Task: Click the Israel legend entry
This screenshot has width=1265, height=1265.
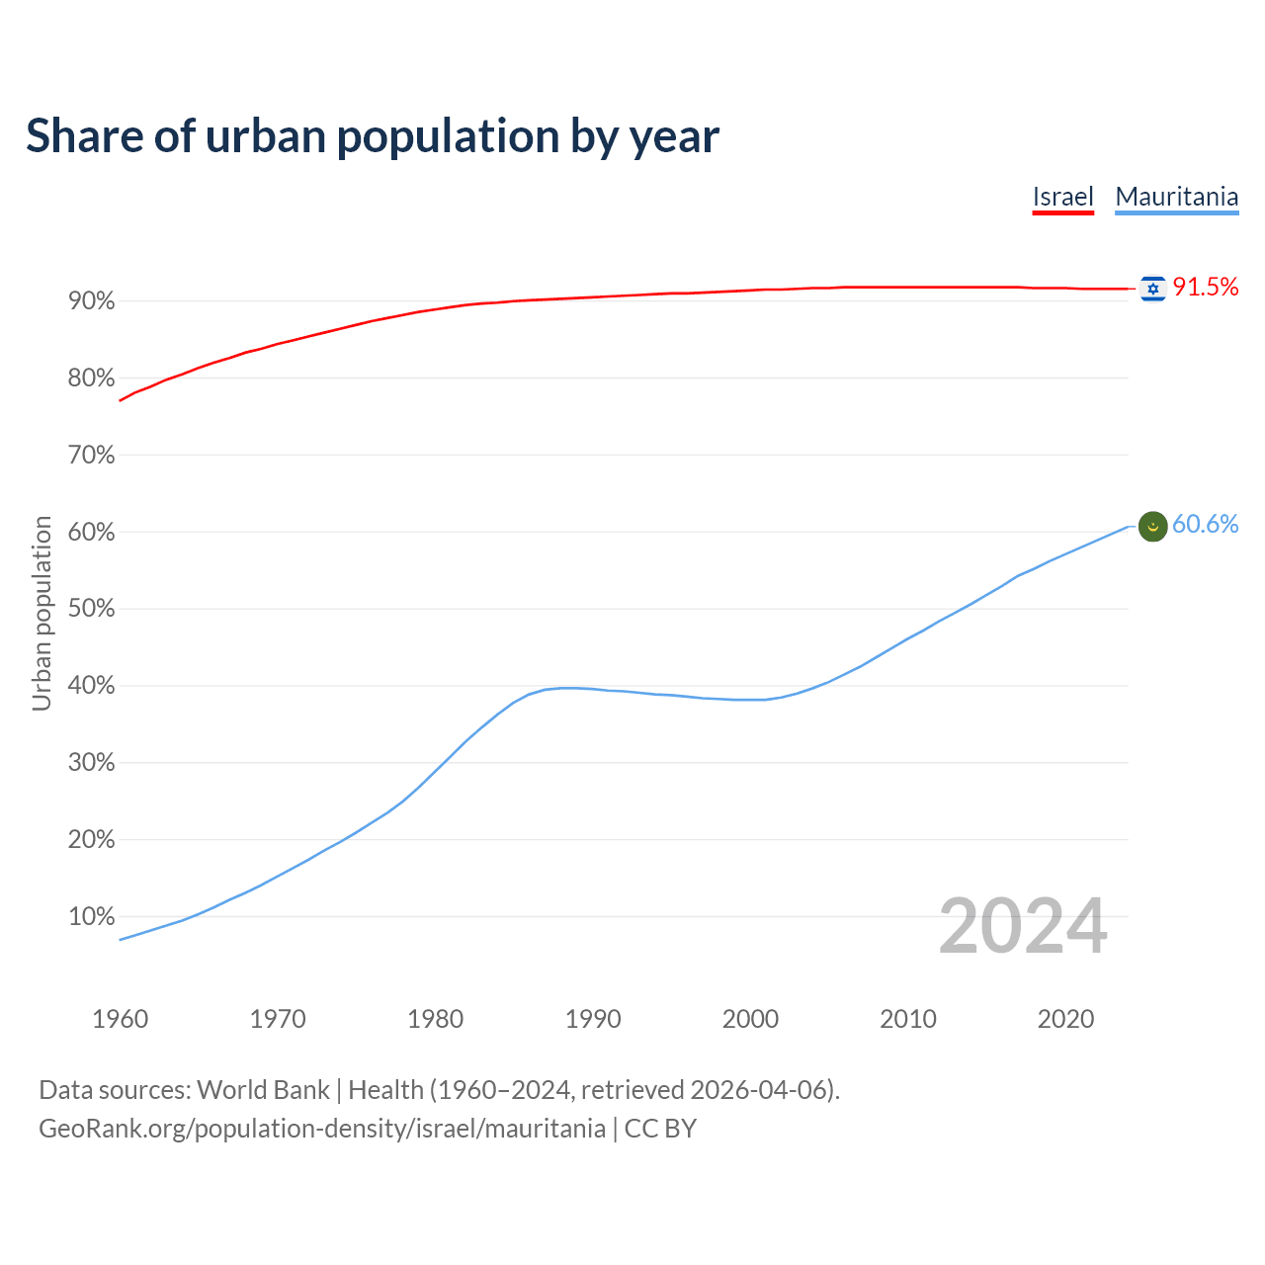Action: tap(1062, 197)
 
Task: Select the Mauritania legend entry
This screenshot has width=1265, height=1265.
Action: tap(1176, 197)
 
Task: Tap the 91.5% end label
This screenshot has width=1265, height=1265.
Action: tap(1205, 288)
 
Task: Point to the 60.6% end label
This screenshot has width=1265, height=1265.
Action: tap(1205, 525)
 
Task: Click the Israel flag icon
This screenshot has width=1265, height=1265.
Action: tap(1152, 289)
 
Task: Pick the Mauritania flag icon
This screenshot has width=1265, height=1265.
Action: tap(1152, 527)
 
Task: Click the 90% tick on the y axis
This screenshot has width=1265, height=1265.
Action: tap(92, 301)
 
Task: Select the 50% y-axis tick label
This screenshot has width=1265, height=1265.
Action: tap(92, 609)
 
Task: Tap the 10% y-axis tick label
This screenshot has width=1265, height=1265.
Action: tap(92, 917)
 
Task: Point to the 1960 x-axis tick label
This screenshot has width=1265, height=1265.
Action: tap(120, 1019)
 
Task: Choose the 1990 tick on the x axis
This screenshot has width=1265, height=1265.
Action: tap(593, 1019)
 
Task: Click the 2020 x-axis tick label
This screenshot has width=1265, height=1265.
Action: tap(1065, 1019)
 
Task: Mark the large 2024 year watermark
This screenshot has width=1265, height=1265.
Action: tap(1022, 926)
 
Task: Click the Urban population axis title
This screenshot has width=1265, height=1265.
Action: tap(42, 613)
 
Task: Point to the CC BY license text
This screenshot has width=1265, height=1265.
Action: tap(660, 1129)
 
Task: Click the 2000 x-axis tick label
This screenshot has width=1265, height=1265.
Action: tap(750, 1019)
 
